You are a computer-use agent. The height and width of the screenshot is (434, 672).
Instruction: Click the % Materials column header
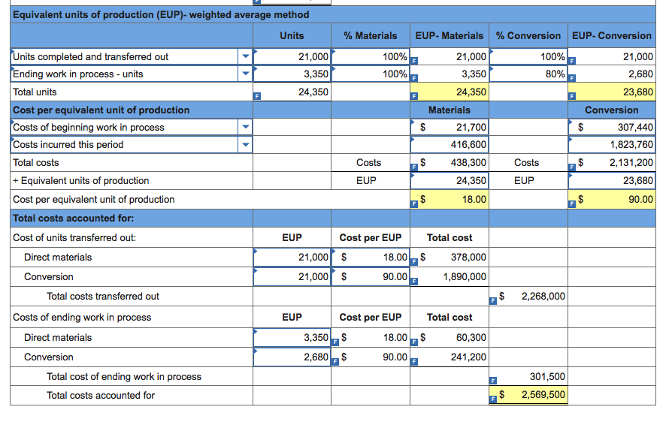370,35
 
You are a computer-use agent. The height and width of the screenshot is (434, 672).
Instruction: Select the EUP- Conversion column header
611,35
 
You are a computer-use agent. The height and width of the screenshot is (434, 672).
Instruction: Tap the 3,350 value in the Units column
315,74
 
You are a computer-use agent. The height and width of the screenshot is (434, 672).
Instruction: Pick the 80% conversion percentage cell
554,74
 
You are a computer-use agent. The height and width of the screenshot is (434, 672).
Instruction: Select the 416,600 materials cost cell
468,145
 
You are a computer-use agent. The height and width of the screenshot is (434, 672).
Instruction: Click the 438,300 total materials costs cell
468,162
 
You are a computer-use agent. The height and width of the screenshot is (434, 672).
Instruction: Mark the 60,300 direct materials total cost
471,337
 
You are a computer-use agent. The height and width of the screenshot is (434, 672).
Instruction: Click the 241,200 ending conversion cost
468,357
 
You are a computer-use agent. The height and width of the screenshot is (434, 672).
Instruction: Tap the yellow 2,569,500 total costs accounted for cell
543,395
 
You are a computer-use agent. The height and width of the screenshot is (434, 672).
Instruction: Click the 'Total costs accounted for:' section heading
74,218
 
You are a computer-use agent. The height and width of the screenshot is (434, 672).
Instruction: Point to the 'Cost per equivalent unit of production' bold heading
101,110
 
